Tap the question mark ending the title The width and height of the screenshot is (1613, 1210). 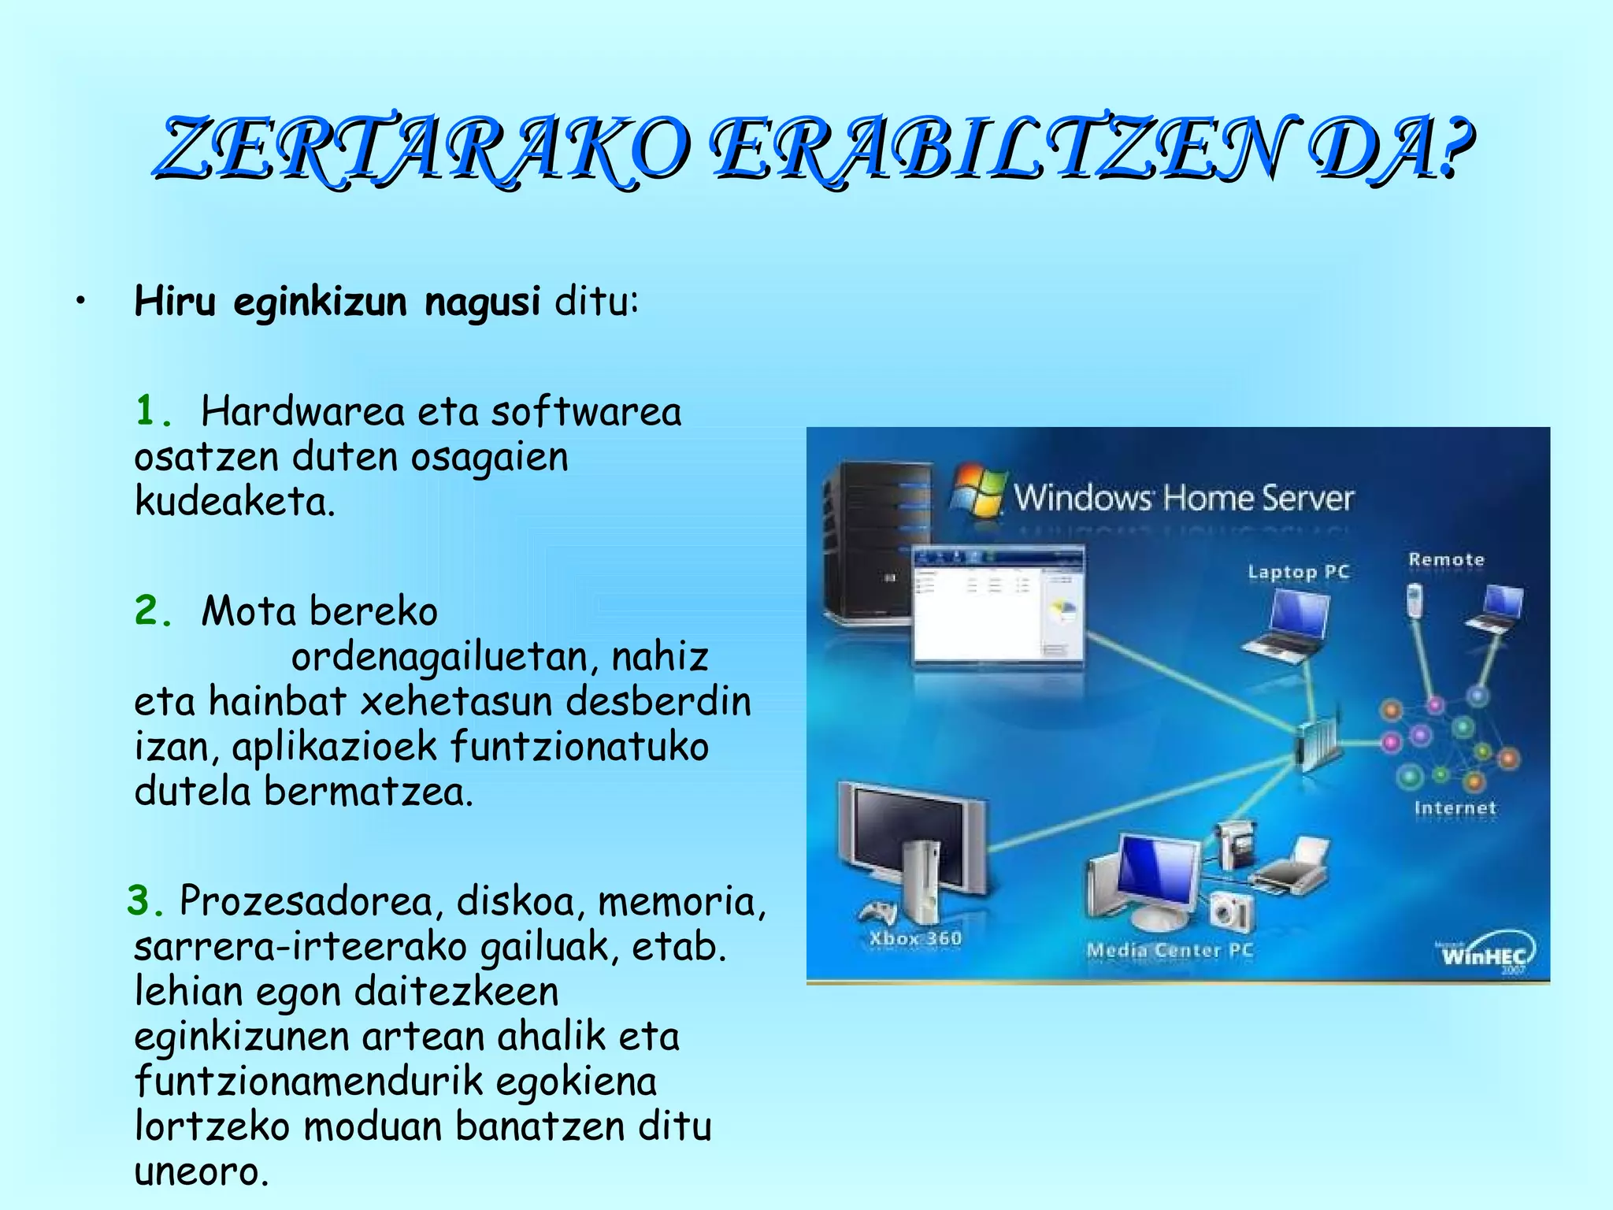coord(1453,147)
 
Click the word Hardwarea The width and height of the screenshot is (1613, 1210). coord(302,411)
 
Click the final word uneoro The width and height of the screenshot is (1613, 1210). coord(201,1171)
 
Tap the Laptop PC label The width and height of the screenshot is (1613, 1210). coord(1298,572)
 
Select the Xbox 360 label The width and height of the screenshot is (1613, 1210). coord(915,938)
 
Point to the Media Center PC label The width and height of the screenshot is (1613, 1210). coord(1170,950)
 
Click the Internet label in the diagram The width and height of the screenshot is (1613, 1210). coord(1455,808)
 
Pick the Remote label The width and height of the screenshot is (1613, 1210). coord(1446,560)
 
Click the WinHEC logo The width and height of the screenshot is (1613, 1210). coord(1484,955)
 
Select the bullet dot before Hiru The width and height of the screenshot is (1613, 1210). coord(80,302)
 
